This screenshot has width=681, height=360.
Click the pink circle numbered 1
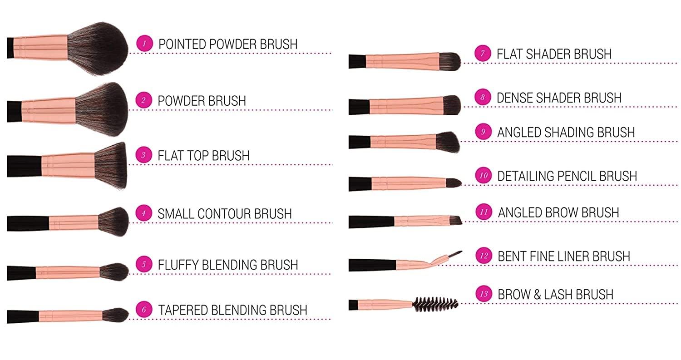coord(144,44)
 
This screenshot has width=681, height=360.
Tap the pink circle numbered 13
coord(484,294)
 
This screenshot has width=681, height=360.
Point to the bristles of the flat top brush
coord(111,165)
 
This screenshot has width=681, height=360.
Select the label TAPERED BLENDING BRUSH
coord(232,310)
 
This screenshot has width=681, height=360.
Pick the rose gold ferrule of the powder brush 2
coord(49,110)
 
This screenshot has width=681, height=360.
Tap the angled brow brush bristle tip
coord(456,220)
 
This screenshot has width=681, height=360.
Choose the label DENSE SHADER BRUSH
coord(559,98)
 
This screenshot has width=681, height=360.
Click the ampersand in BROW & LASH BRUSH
coord(537,294)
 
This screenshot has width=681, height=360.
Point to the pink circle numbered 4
coord(143,213)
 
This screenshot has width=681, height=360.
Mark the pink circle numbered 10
coord(484,176)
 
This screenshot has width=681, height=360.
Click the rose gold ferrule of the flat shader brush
coord(402,61)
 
